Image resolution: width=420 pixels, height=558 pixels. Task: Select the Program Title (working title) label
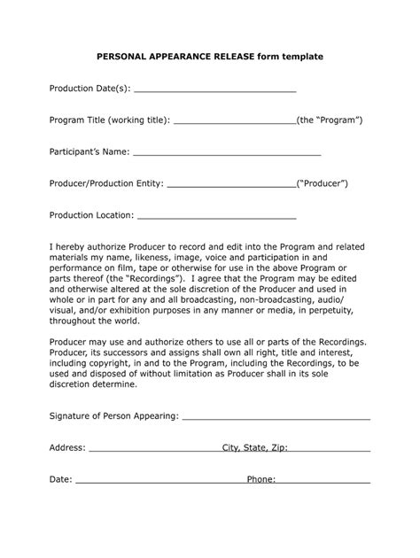click(109, 120)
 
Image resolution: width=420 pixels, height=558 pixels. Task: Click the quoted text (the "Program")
click(330, 120)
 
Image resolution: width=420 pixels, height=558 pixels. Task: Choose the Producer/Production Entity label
click(106, 183)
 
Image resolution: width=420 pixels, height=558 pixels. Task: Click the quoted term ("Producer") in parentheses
click(322, 183)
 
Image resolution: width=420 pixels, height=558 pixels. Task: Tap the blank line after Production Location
click(216, 215)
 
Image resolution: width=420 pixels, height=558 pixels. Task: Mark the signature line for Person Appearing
click(276, 415)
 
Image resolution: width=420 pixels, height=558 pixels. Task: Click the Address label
click(67, 448)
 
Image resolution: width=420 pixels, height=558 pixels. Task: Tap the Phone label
click(261, 480)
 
